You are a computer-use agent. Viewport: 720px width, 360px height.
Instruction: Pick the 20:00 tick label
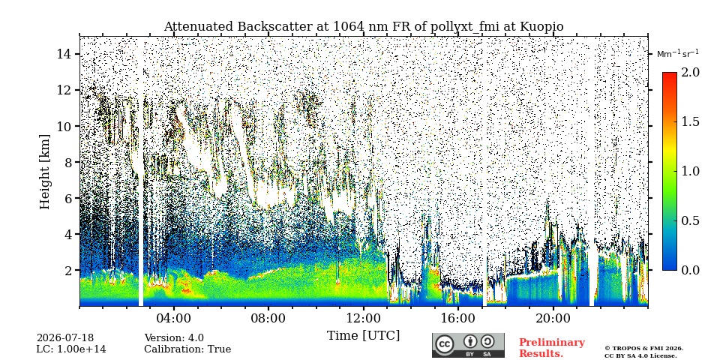coord(553,318)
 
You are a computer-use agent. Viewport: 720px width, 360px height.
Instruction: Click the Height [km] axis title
coord(44,172)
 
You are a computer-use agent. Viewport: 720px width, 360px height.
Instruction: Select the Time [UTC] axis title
coord(363,336)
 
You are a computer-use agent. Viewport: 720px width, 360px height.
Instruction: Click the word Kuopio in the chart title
coord(541,27)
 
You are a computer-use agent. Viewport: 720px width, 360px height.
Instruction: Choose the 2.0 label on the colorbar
coord(690,72)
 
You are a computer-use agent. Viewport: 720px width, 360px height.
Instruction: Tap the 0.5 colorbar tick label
coord(690,220)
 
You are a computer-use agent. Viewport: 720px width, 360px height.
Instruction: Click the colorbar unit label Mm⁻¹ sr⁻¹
coord(678,54)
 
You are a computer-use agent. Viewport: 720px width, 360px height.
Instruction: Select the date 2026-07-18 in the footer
coord(65,338)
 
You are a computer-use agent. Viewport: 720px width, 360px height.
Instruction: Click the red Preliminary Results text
coord(552,348)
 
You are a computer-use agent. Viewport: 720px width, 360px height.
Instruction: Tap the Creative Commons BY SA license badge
coord(468,345)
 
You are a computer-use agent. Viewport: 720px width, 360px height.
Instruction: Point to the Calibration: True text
coord(187,349)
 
